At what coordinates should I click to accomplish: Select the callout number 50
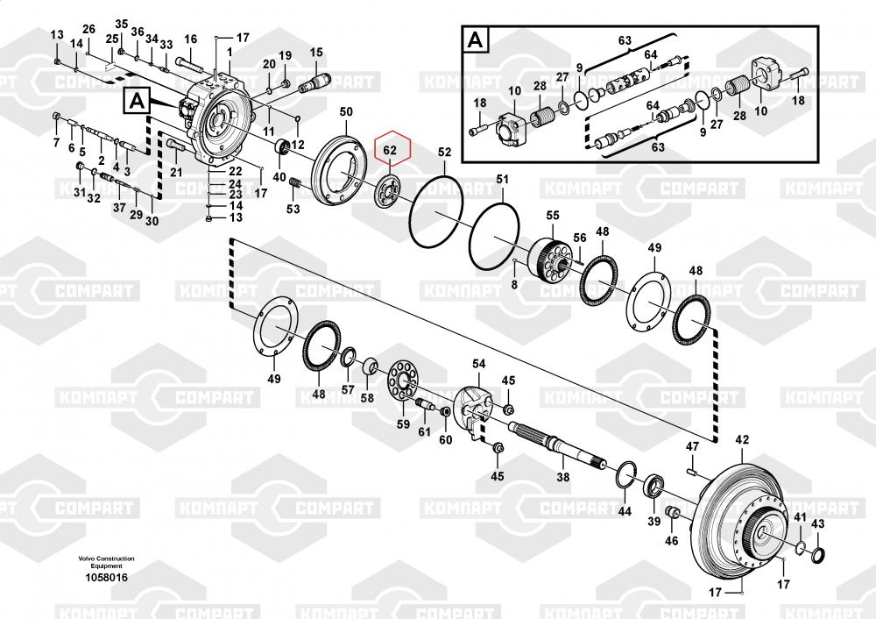point(346,112)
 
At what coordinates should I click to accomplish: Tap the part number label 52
point(444,153)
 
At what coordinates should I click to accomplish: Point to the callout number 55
point(552,216)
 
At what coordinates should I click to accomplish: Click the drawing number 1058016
point(106,578)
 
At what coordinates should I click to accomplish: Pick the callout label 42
point(742,439)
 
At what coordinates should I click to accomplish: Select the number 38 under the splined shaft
point(563,478)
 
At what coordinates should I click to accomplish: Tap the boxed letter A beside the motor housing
point(138,102)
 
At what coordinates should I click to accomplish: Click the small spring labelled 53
point(295,183)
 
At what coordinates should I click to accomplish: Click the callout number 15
point(316,53)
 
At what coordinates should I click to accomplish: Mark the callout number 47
point(692,447)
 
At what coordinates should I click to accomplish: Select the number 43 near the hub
point(817,523)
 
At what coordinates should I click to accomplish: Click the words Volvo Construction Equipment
point(106,562)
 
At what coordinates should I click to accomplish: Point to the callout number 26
point(88,30)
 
